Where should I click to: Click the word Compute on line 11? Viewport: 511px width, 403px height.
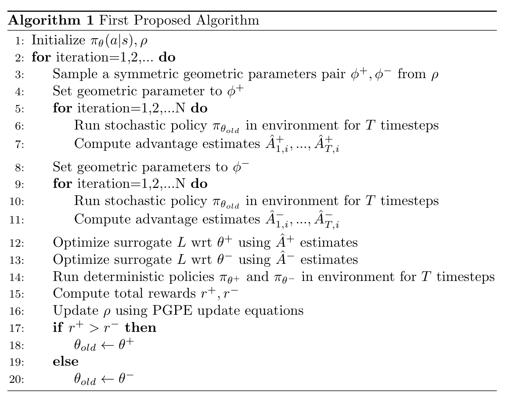pos(95,219)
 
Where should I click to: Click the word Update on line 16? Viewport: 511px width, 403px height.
pos(70,311)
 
